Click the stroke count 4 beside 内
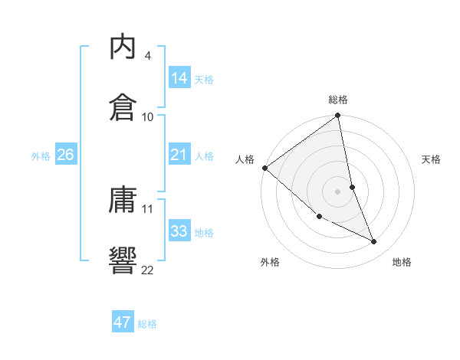point(147,56)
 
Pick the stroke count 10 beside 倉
point(148,116)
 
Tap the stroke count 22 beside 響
point(148,269)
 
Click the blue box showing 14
point(179,78)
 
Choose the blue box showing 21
point(179,155)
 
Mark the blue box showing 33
point(179,231)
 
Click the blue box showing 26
point(66,155)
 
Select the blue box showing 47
point(123,322)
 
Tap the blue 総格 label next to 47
point(147,324)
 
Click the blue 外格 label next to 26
point(41,156)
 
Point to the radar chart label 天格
point(432,160)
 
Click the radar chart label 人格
point(245,160)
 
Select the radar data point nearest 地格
point(374,242)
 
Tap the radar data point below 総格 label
point(338,116)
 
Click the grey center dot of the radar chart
point(338,191)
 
